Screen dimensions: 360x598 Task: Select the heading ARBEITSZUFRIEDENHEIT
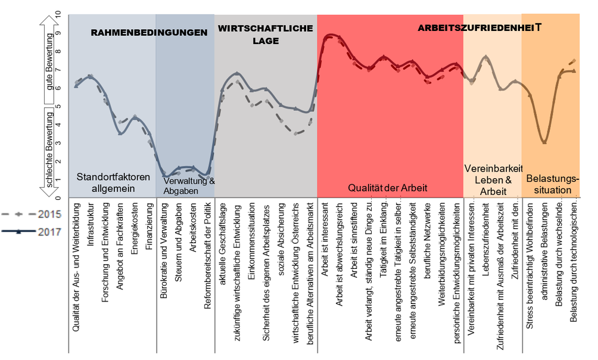tap(479, 28)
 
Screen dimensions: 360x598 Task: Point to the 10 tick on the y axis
tap(58, 14)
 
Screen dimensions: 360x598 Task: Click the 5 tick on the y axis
tap(58, 106)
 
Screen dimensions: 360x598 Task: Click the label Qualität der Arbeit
tap(388, 188)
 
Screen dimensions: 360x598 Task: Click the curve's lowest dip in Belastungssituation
tap(544, 142)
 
